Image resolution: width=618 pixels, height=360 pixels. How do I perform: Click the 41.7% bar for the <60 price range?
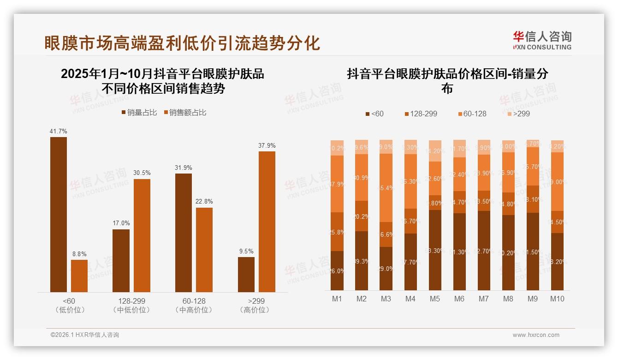59,214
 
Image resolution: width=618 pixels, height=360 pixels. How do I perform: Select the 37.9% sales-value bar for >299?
267,222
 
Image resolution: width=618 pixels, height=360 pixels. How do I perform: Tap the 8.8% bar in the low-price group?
79,276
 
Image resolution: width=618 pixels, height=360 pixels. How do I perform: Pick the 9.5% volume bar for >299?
246,274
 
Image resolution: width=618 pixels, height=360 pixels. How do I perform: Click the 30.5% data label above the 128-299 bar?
142,173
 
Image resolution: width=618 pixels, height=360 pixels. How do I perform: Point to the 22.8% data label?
204,201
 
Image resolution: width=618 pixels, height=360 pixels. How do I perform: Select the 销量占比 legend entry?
139,113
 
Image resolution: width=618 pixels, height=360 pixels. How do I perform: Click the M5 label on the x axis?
434,299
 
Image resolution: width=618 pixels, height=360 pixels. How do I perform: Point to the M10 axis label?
557,299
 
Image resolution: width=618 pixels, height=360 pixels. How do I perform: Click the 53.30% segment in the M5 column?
434,250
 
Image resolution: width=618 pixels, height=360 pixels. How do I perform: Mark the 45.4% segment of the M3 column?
386,188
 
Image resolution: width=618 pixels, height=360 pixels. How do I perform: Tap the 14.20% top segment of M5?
434,151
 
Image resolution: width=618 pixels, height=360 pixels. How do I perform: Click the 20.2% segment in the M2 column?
361,216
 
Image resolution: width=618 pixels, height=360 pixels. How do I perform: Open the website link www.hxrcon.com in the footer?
536,335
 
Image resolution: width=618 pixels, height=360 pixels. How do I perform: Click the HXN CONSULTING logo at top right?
542,41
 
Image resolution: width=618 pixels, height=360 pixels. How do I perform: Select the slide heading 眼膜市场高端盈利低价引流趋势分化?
182,43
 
